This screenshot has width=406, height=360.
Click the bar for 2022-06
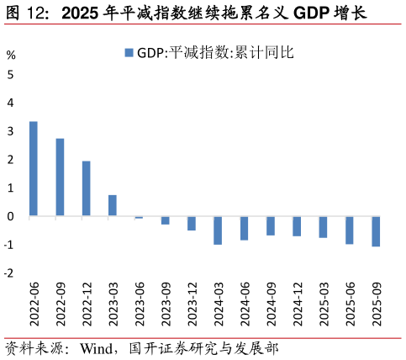tap(34, 169)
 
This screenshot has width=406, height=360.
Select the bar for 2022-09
tap(60, 177)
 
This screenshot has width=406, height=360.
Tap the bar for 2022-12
tap(87, 188)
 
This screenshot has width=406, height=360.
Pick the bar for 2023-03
tap(113, 206)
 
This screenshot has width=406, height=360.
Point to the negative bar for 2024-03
tap(218, 230)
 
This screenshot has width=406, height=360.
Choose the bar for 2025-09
tap(376, 231)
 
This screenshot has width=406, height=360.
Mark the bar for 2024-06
tap(244, 228)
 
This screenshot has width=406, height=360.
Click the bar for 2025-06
tap(350, 230)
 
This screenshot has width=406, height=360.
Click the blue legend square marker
tap(129, 53)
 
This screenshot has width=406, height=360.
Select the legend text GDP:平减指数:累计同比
tap(215, 53)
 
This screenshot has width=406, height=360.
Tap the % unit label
tap(11, 56)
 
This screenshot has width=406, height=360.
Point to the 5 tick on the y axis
tap(10, 74)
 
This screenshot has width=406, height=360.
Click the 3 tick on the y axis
tap(10, 131)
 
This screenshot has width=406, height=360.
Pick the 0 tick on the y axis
tap(10, 216)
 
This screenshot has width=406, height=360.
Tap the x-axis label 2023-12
tap(192, 304)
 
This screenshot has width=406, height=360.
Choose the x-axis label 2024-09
tap(271, 304)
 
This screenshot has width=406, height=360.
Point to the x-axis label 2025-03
tap(324, 304)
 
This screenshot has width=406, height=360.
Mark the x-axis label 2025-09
tap(377, 304)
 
